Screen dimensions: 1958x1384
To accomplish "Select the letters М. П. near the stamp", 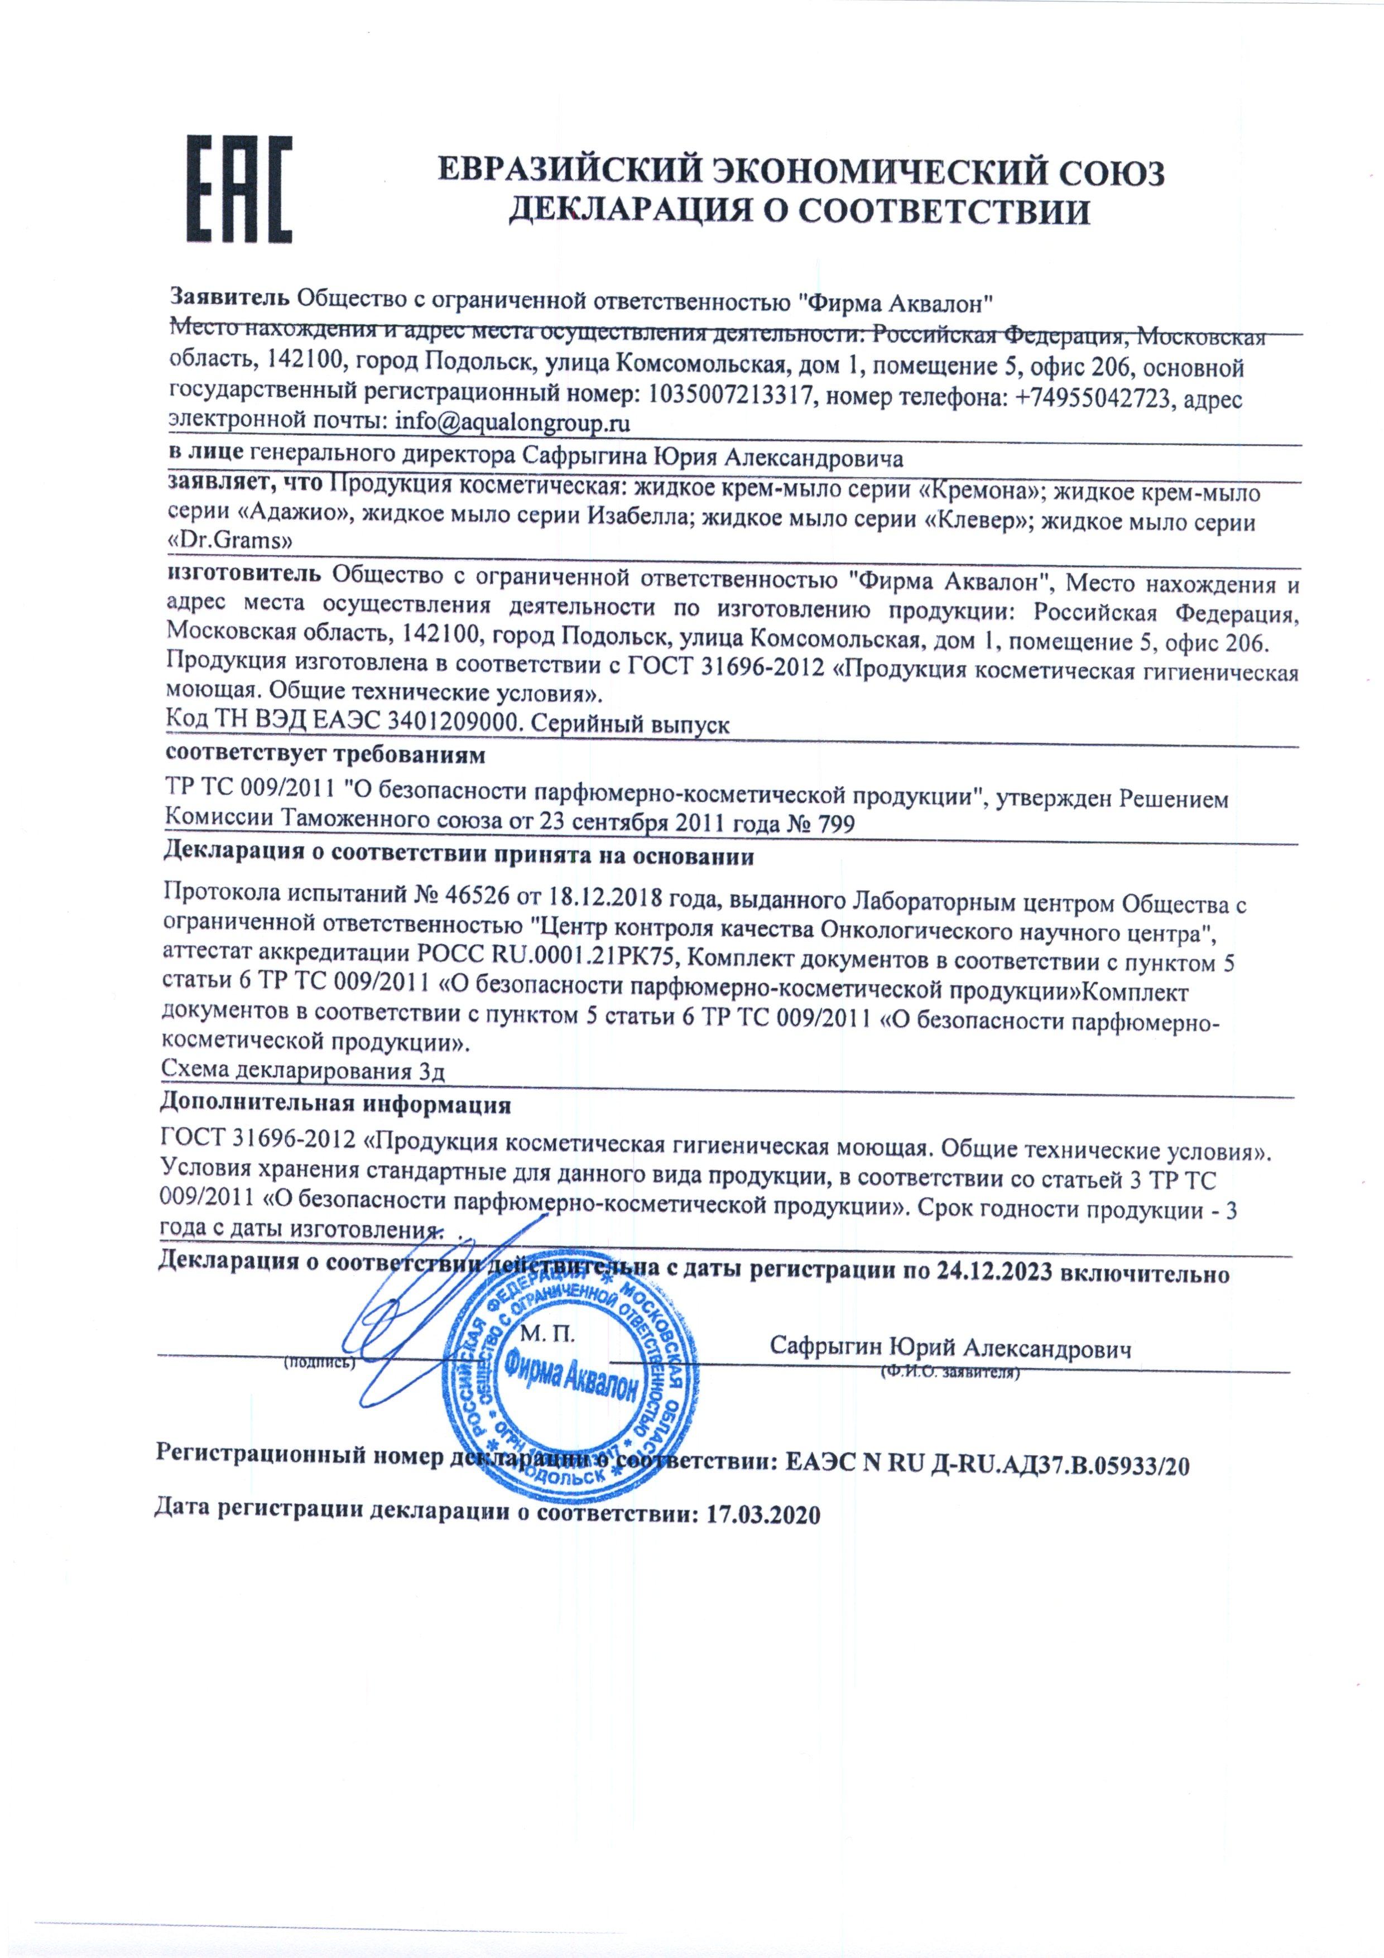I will pyautogui.click(x=546, y=1332).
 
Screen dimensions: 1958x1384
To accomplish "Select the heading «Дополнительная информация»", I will pyautogui.click(x=335, y=1106).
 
